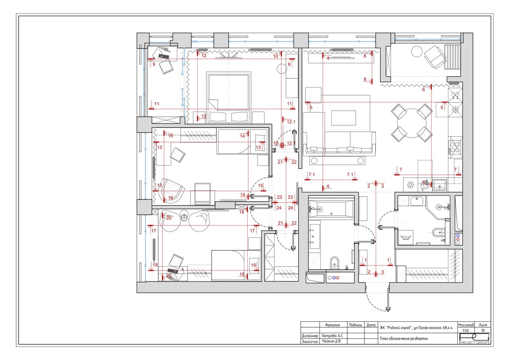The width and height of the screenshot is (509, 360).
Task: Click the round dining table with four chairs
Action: [411, 123]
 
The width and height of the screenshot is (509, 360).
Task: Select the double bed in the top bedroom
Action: [228, 97]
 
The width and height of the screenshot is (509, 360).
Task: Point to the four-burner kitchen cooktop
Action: [455, 147]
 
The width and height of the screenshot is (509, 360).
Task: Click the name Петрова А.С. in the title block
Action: [333, 336]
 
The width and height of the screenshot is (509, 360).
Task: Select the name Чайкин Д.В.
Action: [332, 341]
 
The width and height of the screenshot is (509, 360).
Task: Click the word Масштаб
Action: [466, 325]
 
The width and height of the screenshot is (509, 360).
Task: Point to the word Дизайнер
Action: [310, 336]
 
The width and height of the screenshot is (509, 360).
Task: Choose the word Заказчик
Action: [310, 341]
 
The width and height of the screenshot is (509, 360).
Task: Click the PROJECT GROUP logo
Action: [474, 339]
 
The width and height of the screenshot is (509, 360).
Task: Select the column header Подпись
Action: [355, 325]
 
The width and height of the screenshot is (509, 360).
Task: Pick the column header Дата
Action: [371, 325]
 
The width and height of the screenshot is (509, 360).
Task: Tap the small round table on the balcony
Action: [417, 52]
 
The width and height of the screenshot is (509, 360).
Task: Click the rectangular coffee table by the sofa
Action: [343, 118]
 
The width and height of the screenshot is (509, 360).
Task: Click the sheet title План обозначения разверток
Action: [404, 339]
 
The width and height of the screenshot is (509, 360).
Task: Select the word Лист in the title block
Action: [483, 325]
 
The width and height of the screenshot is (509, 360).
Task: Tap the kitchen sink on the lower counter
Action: [440, 185]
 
